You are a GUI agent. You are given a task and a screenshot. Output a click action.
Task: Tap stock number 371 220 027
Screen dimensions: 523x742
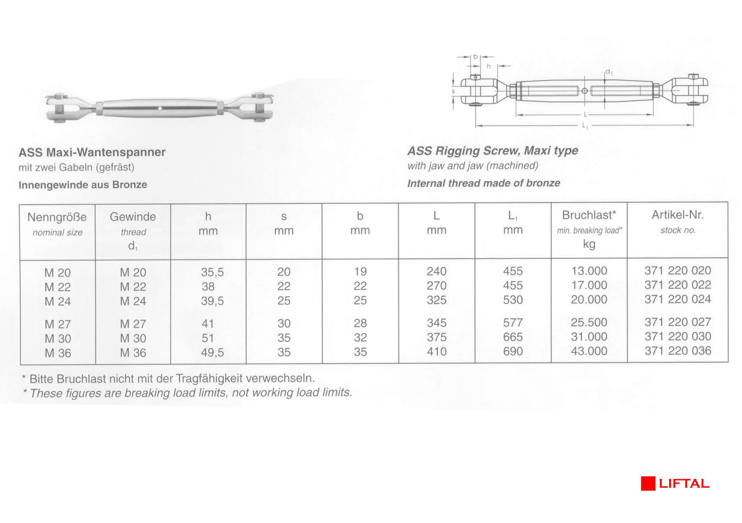(678, 322)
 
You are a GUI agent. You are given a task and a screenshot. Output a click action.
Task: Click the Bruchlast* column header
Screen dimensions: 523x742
(589, 215)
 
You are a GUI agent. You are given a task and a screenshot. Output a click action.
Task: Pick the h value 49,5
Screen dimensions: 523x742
(212, 352)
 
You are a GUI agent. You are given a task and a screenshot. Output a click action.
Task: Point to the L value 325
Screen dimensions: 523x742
(436, 300)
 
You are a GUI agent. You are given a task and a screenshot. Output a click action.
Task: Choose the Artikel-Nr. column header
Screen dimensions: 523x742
(677, 215)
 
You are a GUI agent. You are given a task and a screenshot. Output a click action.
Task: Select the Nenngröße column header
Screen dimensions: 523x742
(57, 217)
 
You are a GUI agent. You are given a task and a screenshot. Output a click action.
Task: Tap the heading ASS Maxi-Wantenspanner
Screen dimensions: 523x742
(92, 152)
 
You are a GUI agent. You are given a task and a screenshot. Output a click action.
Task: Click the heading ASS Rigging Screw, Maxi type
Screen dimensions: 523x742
(493, 151)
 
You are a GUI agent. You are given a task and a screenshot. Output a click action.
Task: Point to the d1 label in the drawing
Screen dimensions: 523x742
(608, 72)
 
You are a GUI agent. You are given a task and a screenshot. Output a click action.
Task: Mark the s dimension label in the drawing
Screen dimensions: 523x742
(453, 91)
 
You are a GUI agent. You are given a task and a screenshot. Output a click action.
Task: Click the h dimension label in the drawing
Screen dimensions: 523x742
(489, 66)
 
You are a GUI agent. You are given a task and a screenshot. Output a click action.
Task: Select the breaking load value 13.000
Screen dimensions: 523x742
(589, 271)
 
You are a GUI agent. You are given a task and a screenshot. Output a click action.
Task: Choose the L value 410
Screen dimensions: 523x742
(436, 352)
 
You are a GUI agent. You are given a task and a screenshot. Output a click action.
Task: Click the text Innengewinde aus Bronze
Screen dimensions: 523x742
(83, 185)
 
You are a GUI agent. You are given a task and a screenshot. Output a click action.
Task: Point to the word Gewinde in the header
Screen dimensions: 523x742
(133, 217)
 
